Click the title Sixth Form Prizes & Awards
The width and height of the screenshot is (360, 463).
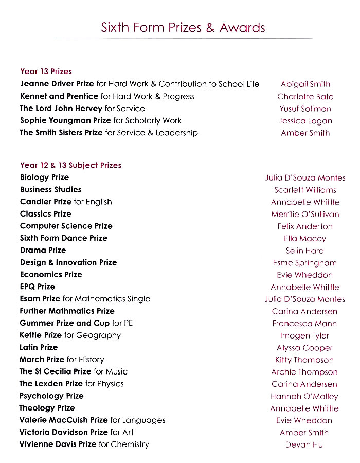(183, 27)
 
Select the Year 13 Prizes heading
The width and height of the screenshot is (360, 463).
(46, 72)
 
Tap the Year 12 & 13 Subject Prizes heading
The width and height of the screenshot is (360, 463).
(70, 165)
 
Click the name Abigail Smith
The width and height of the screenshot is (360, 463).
(305, 84)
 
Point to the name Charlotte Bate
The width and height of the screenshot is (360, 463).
(305, 97)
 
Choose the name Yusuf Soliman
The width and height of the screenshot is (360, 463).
(305, 109)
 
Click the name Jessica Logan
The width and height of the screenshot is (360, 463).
(305, 121)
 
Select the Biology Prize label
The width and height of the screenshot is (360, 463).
(44, 177)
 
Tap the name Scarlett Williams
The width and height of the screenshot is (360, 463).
(305, 190)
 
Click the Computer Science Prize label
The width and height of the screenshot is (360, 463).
(66, 226)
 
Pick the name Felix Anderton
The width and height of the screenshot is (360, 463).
(305, 226)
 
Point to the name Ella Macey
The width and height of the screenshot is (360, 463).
(305, 239)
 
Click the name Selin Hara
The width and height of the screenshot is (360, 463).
(305, 251)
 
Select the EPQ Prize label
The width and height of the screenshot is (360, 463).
(37, 287)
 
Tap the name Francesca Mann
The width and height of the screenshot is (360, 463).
(304, 324)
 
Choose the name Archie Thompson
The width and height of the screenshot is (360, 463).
(304, 372)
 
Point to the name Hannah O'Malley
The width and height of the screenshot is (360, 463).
(304, 396)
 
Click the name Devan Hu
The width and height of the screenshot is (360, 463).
(304, 444)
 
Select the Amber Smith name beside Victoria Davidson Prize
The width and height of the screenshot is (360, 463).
(304, 433)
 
